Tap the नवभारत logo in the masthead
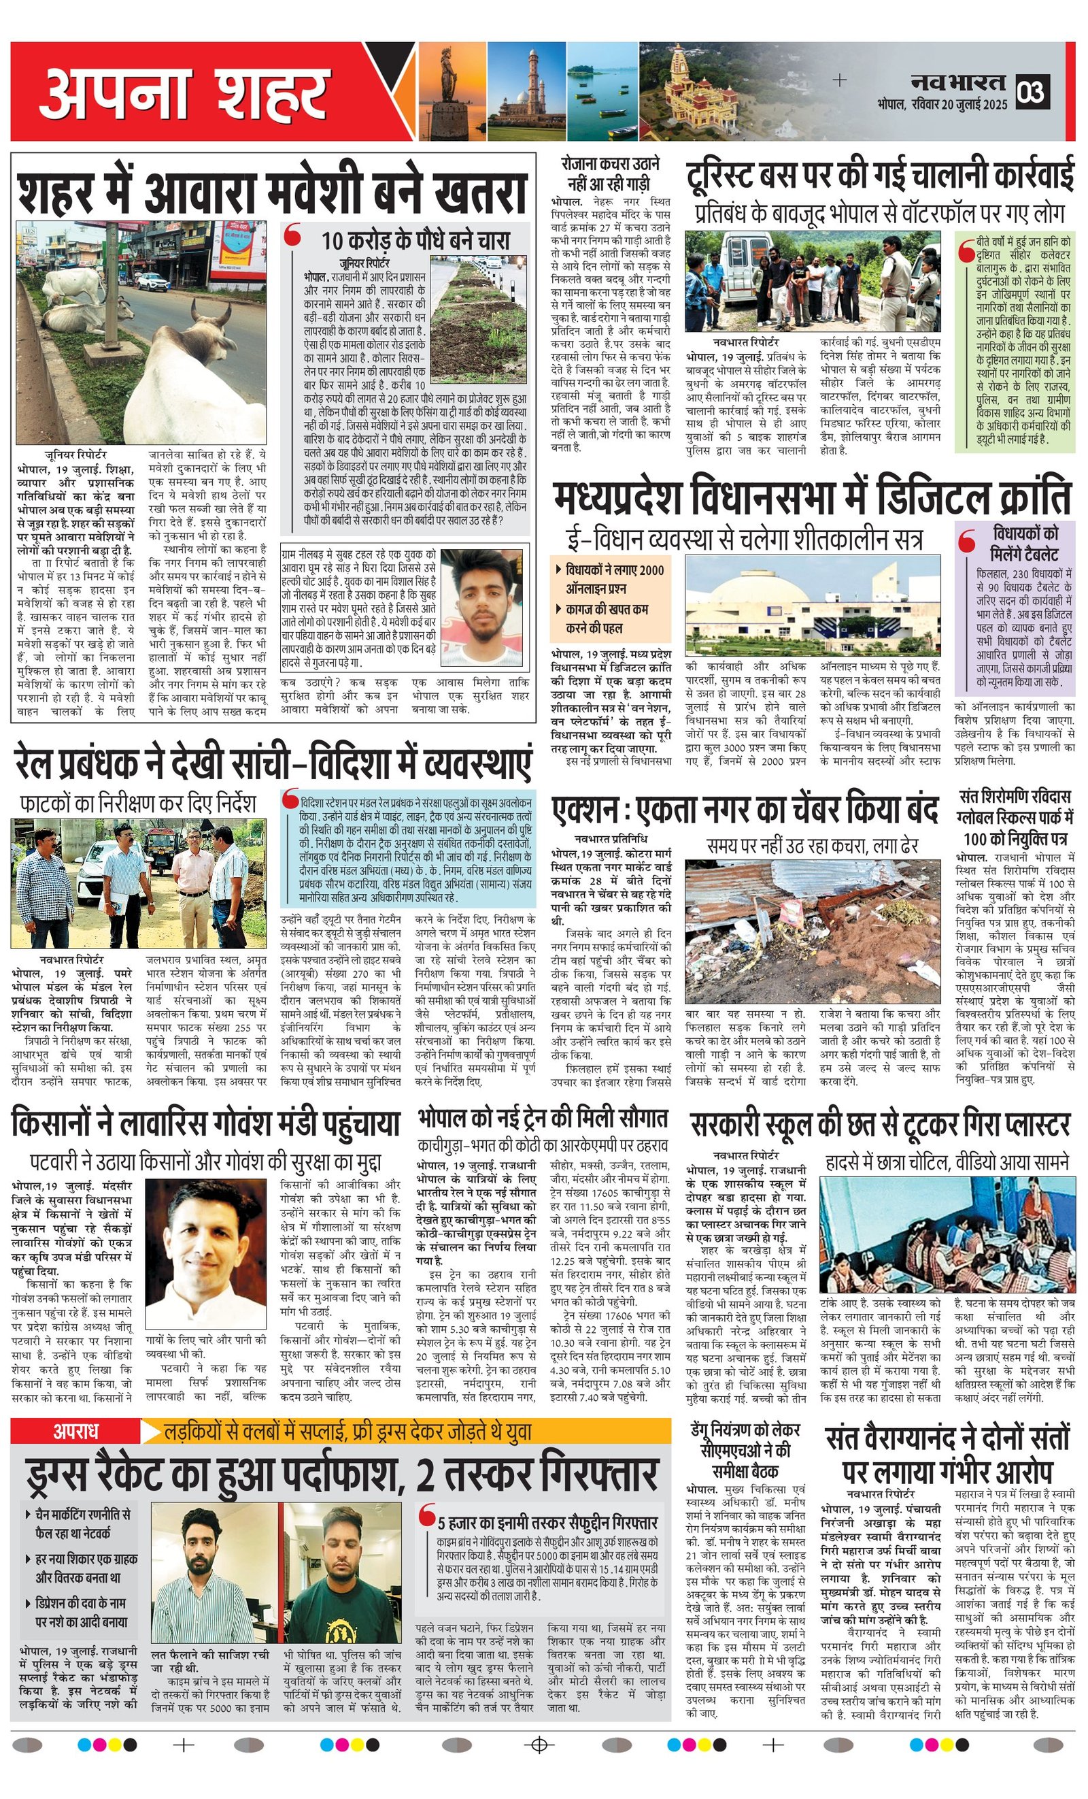tap(958, 82)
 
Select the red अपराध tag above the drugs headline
tap(75, 1432)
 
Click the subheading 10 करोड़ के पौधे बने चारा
tap(416, 240)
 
